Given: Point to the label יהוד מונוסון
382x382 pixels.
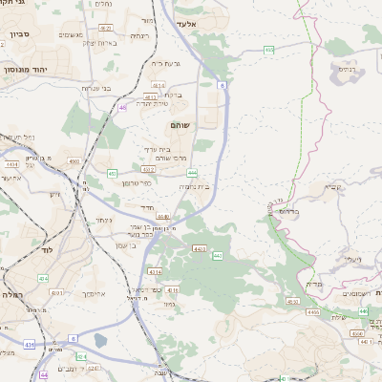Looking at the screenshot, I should coord(28,70).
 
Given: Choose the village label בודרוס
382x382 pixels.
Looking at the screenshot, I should coord(286,211).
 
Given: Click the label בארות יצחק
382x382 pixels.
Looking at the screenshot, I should coord(99,42).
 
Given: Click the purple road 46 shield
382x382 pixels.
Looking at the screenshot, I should coord(123,108).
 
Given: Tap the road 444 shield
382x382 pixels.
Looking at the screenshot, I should coord(193,172).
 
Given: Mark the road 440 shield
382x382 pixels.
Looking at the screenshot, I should coord(218,256).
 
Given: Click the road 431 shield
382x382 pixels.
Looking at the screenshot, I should coord(30,343).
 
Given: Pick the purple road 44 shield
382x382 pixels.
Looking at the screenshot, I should coord(45,375).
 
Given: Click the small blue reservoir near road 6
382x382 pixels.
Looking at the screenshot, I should coord(101,339).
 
